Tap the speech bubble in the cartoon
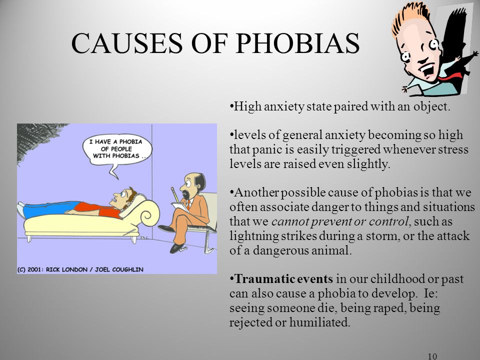point(117,150)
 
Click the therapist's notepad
point(180,207)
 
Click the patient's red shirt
point(97,209)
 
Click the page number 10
point(432,356)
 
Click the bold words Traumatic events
point(284,279)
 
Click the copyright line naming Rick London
point(80,269)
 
